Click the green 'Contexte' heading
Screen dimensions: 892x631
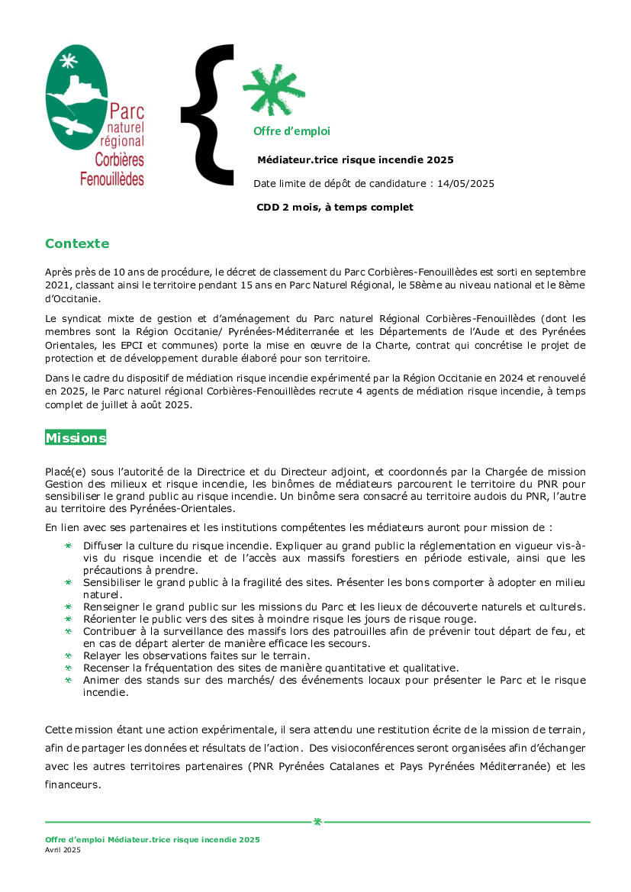(x=77, y=244)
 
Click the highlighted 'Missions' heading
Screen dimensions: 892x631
(x=76, y=438)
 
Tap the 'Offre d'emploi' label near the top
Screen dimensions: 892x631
(x=291, y=131)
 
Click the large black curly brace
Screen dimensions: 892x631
(x=208, y=114)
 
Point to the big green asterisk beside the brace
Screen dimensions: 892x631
(x=273, y=90)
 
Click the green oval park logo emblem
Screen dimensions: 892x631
(x=75, y=95)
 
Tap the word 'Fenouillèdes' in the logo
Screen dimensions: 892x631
(x=111, y=179)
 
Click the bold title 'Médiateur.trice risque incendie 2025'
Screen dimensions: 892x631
(x=356, y=160)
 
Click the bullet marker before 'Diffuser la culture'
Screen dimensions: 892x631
(x=67, y=546)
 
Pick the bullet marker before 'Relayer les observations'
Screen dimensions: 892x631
(x=67, y=655)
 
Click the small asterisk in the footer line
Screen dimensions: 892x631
(x=317, y=822)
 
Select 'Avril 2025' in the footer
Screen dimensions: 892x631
(x=63, y=850)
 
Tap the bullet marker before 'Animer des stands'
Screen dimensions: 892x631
(x=67, y=680)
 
